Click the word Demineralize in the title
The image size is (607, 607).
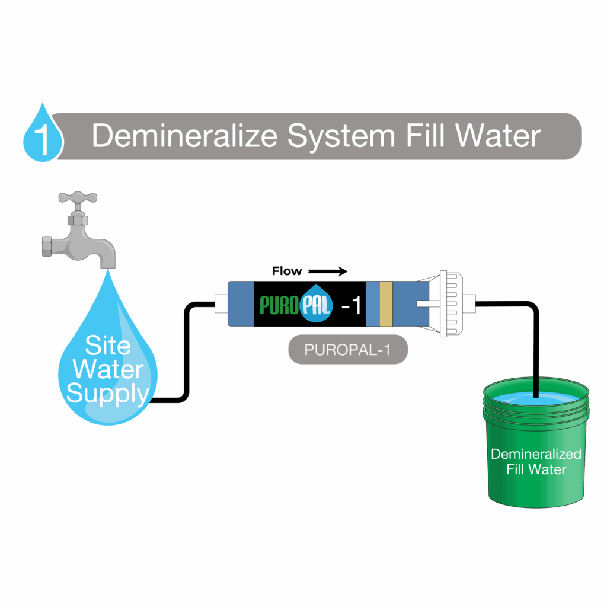184,136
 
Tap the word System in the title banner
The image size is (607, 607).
340,136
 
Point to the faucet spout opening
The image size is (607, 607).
107,265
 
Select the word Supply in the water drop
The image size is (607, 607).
107,392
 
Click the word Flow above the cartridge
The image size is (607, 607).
287,271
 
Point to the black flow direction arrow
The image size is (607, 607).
327,271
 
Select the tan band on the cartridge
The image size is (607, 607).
386,303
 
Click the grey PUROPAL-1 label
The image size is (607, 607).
348,350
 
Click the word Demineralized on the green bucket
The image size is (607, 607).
536,455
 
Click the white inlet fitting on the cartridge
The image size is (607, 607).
221,304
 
